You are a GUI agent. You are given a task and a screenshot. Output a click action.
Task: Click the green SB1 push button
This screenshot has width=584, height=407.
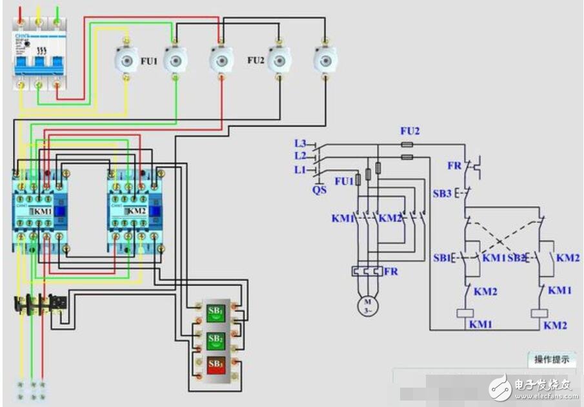[215, 311]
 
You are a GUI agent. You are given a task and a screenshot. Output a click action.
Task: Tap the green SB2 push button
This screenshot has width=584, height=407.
[215, 338]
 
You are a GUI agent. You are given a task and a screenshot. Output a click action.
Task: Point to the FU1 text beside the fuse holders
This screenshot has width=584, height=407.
[149, 61]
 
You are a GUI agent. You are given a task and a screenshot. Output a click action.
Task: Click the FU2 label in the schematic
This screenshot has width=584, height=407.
[410, 130]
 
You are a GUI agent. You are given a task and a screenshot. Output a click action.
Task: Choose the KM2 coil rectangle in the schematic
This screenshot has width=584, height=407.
[539, 313]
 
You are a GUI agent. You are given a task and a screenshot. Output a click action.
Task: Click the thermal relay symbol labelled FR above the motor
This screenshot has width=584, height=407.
[367, 271]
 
